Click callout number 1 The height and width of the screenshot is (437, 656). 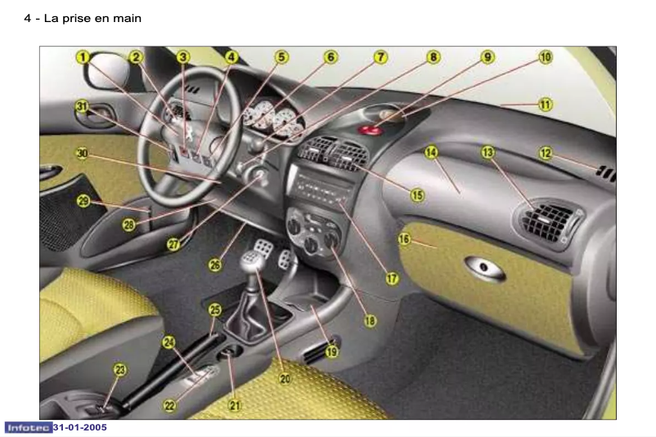pos(84,57)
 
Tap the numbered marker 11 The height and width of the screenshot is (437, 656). pos(545,105)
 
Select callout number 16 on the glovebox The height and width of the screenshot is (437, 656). pos(405,239)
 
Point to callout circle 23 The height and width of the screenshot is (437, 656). pos(120,370)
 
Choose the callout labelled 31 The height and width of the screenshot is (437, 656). pos(82,106)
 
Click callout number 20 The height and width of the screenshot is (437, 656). pos(285,378)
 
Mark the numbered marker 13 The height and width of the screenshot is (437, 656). pos(488,153)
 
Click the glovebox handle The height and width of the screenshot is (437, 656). pos(484,268)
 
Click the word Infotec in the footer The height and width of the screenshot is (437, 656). pos(28,427)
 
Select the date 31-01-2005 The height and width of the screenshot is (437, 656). pos(80,427)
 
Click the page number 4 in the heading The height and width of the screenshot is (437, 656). pos(28,18)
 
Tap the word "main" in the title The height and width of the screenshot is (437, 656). pos(125,18)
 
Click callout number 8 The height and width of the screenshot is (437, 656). pos(433,57)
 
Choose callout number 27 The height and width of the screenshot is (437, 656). pos(173,243)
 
